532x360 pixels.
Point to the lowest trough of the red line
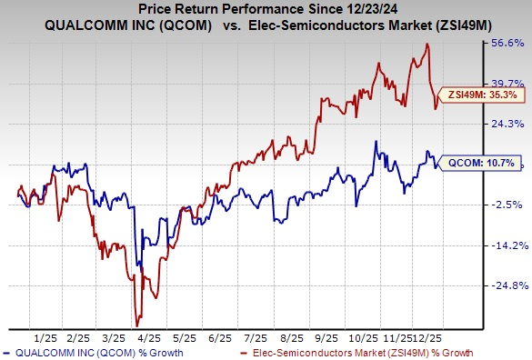point(136,325)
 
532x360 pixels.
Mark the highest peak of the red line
point(427,44)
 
